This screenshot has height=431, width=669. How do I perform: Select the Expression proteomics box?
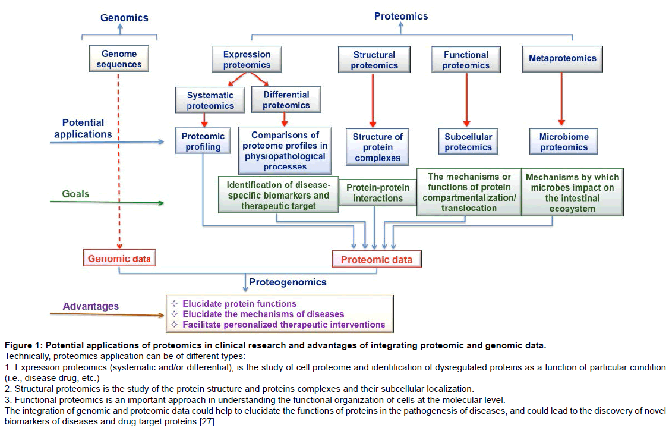tap(247, 59)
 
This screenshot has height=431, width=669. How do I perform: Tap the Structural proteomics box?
tap(374, 59)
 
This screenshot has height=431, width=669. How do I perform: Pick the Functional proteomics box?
tap(466, 59)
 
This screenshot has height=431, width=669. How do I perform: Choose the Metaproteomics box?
tap(562, 59)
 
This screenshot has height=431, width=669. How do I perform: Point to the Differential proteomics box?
tap(286, 99)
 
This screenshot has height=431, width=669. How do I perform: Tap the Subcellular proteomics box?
tap(468, 141)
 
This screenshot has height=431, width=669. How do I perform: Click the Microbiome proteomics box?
tap(563, 141)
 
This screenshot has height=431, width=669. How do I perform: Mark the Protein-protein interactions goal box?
tap(377, 193)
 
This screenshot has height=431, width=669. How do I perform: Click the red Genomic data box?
tap(120, 259)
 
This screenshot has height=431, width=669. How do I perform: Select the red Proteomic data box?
tap(377, 259)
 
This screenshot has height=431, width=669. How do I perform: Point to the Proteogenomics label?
tap(288, 282)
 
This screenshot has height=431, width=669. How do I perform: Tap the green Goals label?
tap(76, 194)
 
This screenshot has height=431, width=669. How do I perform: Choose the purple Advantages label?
tap(91, 306)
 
